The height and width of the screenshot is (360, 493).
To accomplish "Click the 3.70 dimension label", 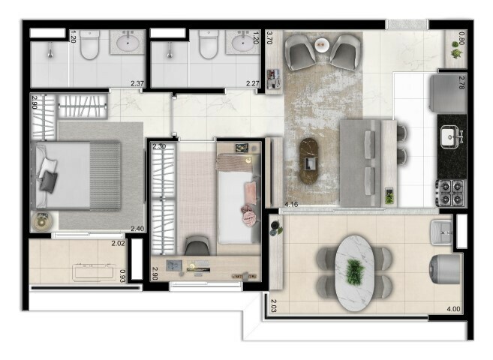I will [x=269, y=38].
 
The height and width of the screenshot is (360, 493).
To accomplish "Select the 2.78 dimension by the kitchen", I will [x=462, y=83].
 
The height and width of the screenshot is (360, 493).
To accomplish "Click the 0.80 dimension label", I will [x=461, y=37].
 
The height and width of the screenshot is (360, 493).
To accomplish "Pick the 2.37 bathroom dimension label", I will [x=137, y=84].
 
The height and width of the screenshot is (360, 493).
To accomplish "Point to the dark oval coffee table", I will [x=310, y=160].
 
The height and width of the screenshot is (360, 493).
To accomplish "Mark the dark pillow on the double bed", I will [x=50, y=180].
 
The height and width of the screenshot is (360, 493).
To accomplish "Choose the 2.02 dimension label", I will [x=118, y=242].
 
